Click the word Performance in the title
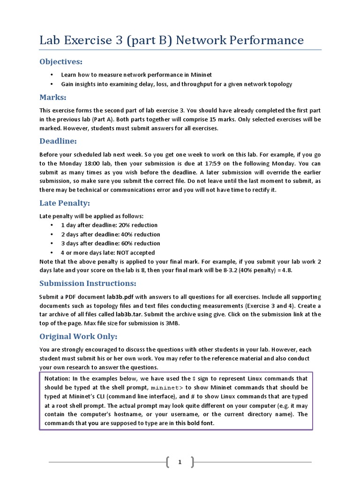point(266,40)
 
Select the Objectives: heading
point(60,62)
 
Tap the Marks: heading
point(52,97)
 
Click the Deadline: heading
point(58,141)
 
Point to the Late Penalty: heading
point(64,203)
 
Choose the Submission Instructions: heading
point(88,283)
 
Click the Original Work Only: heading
point(78,337)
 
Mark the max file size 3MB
point(171,323)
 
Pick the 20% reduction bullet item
point(109,225)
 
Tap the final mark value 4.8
point(287,270)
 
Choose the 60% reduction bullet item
point(110,243)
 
